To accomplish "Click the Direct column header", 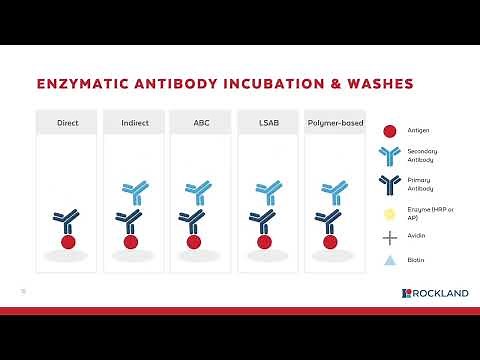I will [x=67, y=123].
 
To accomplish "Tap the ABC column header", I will [x=201, y=123].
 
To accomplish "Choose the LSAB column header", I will [x=267, y=123].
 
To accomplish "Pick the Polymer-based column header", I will [x=334, y=123].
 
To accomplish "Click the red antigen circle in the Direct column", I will [x=68, y=241].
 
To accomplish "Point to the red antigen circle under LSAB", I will [x=266, y=241].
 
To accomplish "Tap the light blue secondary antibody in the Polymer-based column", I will [x=333, y=191].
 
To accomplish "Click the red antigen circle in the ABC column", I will [x=199, y=241].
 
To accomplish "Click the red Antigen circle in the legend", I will [x=390, y=130].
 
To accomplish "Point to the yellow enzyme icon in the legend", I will [x=390, y=213].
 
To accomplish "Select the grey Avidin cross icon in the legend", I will [x=390, y=237].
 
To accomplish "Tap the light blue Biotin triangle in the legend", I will [x=390, y=261].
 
